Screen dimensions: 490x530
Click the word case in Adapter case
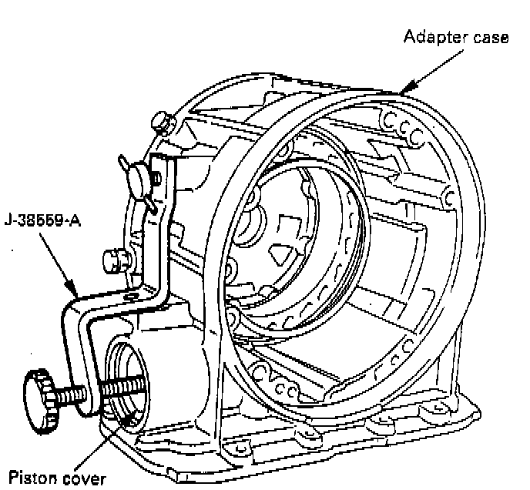[x=491, y=37]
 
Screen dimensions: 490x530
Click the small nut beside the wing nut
[x=156, y=179]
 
